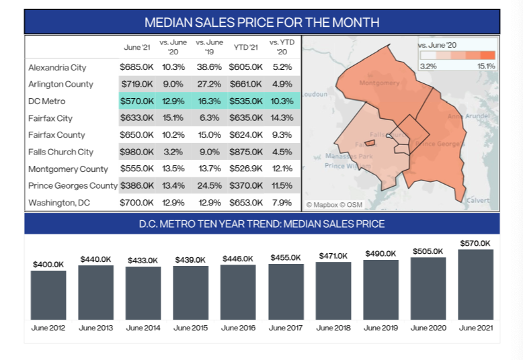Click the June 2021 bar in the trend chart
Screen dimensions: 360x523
pyautogui.click(x=476, y=284)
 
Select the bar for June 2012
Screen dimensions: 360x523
pyautogui.click(x=48, y=295)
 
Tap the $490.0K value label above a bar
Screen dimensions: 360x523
pyautogui.click(x=380, y=253)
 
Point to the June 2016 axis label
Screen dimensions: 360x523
pyautogui.click(x=238, y=328)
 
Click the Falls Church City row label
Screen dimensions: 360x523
pyautogui.click(x=61, y=152)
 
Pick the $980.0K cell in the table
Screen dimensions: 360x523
pyautogui.click(x=136, y=152)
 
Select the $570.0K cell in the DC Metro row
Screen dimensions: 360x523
pyautogui.click(x=136, y=101)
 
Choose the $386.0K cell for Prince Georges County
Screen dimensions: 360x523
pyautogui.click(x=136, y=185)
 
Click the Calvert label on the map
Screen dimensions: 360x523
pyautogui.click(x=478, y=200)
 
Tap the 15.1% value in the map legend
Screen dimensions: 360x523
pyautogui.click(x=485, y=66)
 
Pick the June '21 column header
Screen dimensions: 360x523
pyautogui.click(x=136, y=47)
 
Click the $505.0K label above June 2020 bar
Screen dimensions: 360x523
pyautogui.click(x=428, y=251)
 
